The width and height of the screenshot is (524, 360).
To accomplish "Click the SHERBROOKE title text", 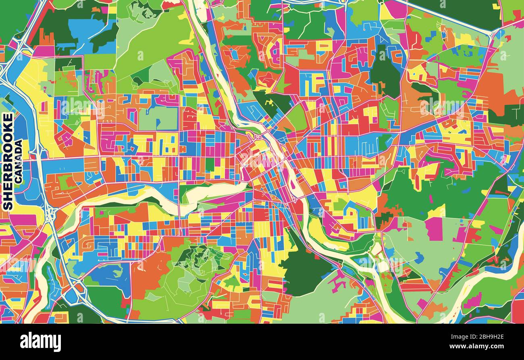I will click(8, 161).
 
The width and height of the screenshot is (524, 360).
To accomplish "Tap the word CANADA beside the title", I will click(19, 161).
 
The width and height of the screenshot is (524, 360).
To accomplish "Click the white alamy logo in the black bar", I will click(40, 342).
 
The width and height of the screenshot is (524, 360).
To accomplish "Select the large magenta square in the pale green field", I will click(433, 229).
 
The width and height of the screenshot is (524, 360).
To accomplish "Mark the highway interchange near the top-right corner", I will click(493, 34).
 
